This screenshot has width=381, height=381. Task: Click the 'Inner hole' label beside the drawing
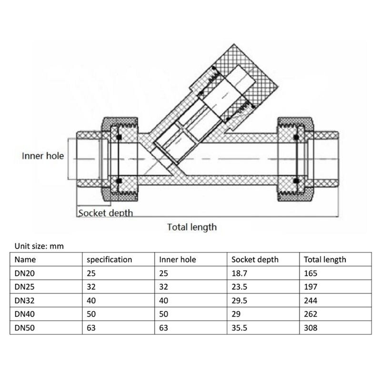(x=42, y=156)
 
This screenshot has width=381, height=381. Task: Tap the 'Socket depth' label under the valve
(x=105, y=213)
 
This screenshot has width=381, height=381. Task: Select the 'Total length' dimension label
(x=191, y=227)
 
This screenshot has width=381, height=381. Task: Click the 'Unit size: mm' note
(x=39, y=246)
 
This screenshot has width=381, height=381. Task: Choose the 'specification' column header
(x=109, y=260)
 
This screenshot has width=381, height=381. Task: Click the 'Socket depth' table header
(x=255, y=260)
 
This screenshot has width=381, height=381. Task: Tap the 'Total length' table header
(x=325, y=260)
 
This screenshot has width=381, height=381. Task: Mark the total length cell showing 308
(x=311, y=328)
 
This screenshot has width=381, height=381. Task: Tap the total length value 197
(x=311, y=287)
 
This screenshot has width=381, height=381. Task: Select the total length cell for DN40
(x=311, y=314)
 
